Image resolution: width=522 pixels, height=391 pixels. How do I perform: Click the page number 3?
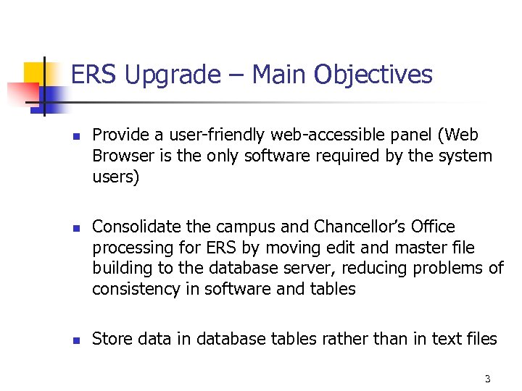(487, 379)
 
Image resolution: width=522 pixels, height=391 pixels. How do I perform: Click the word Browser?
(121, 156)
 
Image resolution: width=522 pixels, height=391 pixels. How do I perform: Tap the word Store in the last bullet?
(110, 339)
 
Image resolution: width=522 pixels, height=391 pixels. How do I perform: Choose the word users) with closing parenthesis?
(115, 177)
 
